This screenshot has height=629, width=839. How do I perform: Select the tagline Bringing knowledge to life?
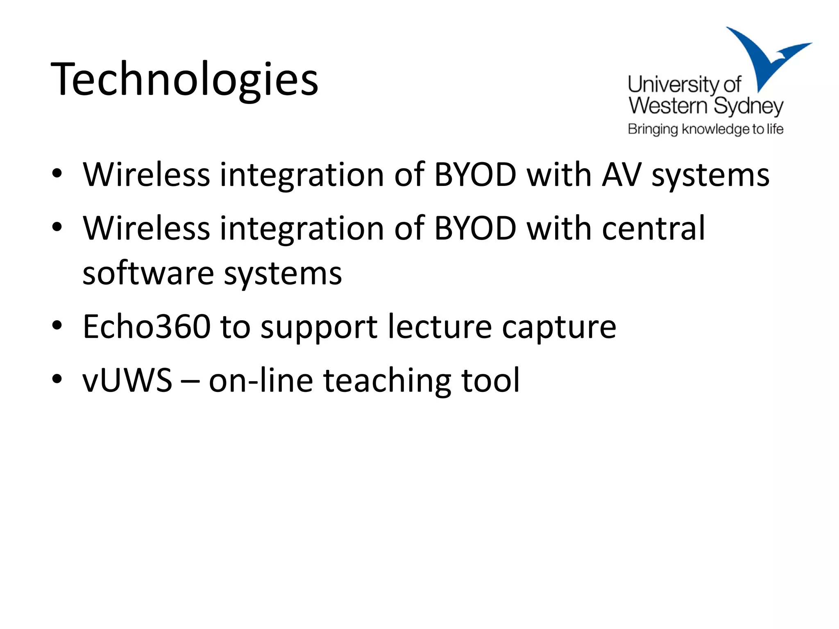(705, 129)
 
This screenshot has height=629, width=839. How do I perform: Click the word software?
(148, 274)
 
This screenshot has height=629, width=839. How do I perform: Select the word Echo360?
(147, 327)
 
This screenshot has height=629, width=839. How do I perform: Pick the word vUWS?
(127, 380)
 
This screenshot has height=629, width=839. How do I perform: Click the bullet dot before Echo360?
(57, 326)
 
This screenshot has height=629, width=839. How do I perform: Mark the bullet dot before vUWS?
(57, 379)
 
